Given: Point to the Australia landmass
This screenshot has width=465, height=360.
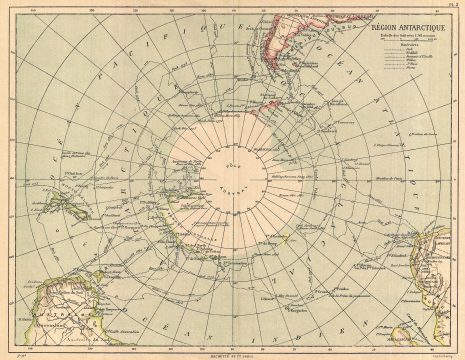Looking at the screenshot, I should (60, 300).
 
